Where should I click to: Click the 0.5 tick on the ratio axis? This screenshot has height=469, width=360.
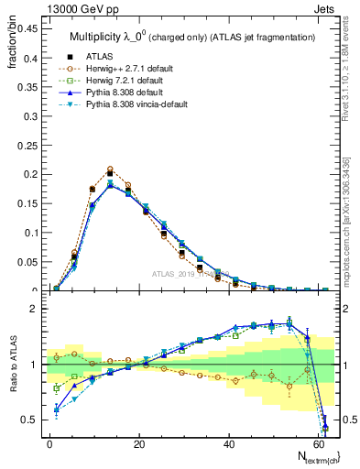pos(27,420)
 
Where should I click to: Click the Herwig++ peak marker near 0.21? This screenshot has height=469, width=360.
pos(110,169)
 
